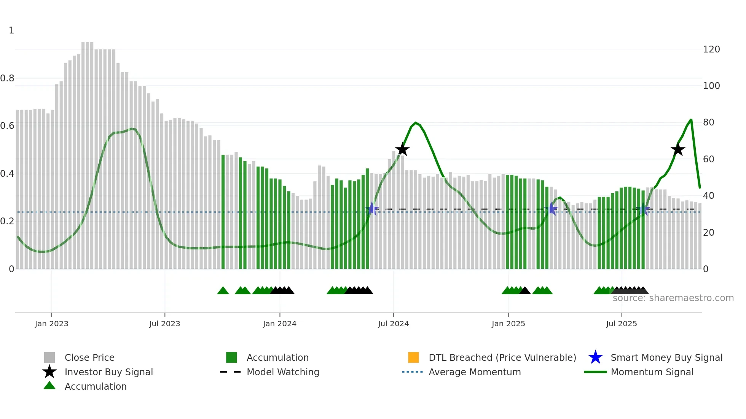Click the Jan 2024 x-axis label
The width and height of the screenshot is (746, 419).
click(279, 324)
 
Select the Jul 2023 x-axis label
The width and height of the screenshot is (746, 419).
click(164, 324)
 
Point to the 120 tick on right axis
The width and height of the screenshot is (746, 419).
click(711, 49)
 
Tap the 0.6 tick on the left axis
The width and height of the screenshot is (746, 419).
click(7, 126)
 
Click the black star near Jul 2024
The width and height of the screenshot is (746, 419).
click(402, 149)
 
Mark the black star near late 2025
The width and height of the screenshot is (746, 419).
click(678, 149)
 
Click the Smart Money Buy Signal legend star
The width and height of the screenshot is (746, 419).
click(595, 357)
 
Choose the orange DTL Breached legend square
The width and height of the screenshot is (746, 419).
click(413, 357)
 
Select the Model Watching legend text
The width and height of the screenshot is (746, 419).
click(283, 372)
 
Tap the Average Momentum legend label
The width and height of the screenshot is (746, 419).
click(475, 372)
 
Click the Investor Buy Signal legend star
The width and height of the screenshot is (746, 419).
click(49, 372)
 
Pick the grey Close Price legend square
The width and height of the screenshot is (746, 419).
click(49, 357)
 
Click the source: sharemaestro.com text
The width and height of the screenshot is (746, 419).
click(673, 298)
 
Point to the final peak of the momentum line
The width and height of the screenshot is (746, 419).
click(691, 120)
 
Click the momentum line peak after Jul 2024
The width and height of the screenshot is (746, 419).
click(416, 123)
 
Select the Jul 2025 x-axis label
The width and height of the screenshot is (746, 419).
click(621, 324)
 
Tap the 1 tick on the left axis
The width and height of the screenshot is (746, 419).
click(11, 30)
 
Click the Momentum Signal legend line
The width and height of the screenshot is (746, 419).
click(595, 372)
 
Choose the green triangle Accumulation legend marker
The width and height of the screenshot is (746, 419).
click(49, 386)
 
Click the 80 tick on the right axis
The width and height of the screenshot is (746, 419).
click(708, 122)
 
